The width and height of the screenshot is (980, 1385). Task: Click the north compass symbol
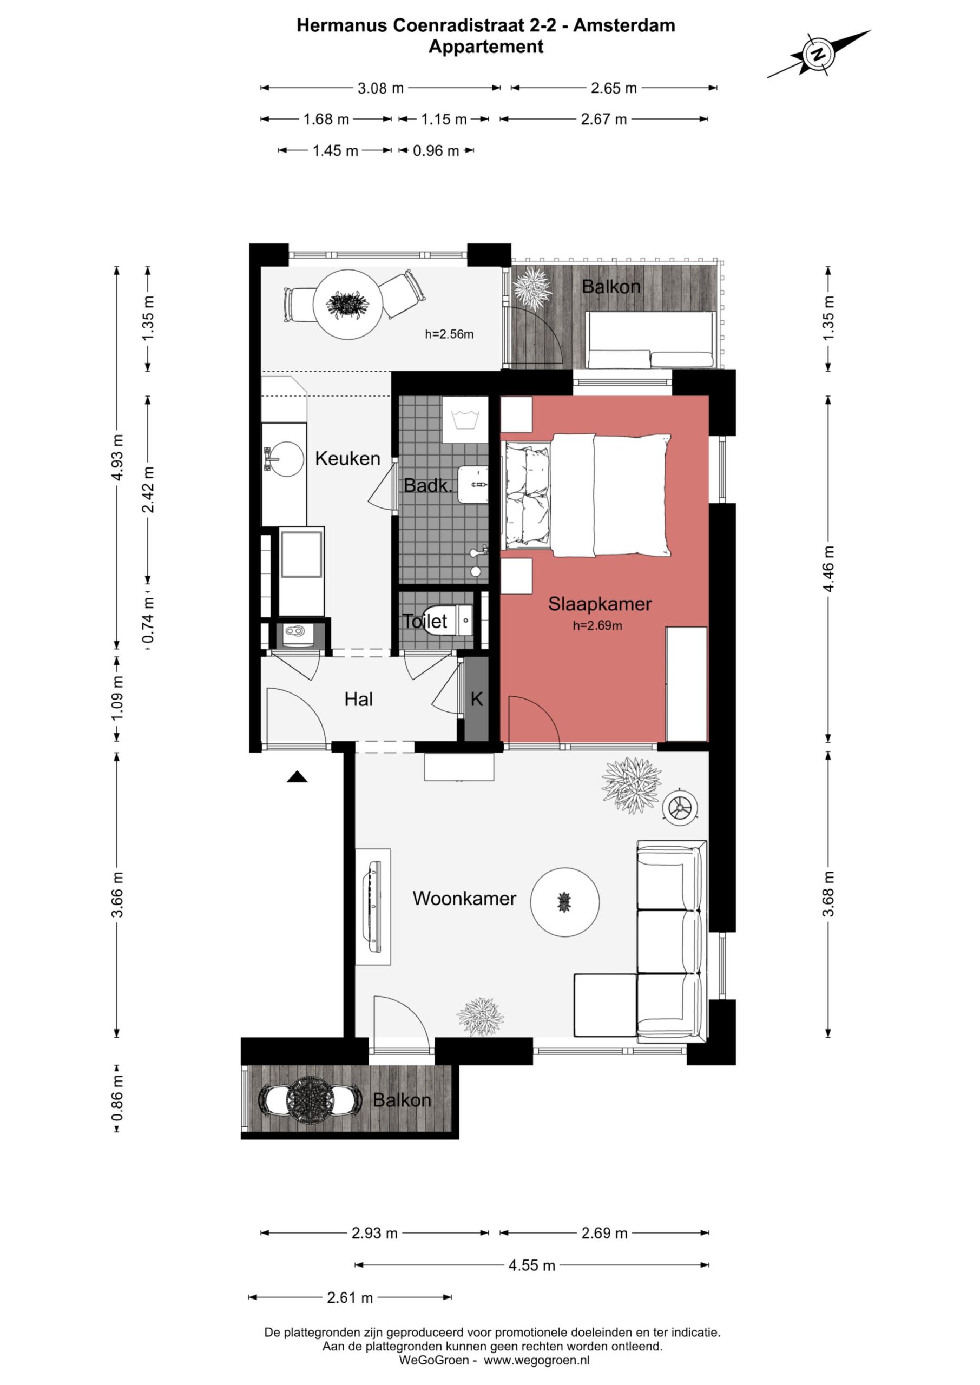(x=819, y=54)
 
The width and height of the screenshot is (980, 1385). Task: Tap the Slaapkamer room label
(x=599, y=604)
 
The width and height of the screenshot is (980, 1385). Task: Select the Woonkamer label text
(x=464, y=898)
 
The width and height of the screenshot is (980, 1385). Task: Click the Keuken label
(x=347, y=458)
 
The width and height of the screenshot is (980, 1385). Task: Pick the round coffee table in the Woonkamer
(x=565, y=902)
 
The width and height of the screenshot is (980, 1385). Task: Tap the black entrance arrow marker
(x=297, y=776)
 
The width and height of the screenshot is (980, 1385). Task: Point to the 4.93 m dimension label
(x=117, y=457)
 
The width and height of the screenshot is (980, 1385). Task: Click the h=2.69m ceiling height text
(x=597, y=625)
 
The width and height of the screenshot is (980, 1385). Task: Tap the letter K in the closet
(x=477, y=699)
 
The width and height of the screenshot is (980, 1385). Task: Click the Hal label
(x=358, y=699)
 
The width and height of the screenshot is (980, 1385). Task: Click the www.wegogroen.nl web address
(x=536, y=1360)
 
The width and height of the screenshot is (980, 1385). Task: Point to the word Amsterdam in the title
(x=624, y=25)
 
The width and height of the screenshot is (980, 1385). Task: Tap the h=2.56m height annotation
(x=449, y=334)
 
